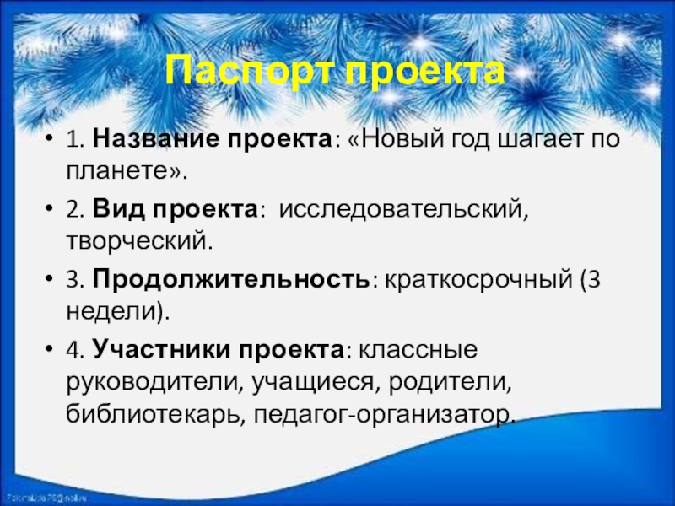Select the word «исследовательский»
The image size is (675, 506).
pos(404,209)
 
